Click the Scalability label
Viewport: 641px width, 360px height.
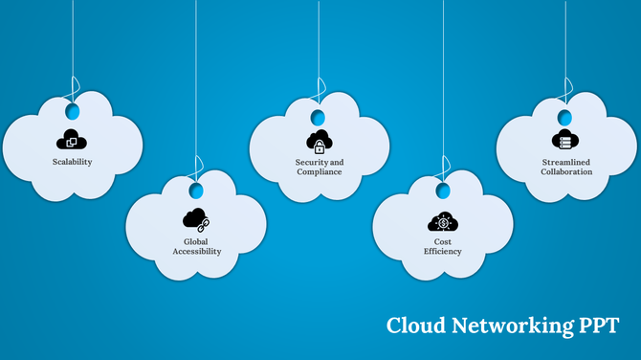(72, 162)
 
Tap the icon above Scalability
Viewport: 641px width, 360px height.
(72, 140)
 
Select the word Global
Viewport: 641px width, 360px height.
(196, 242)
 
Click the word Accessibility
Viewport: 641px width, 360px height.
(196, 252)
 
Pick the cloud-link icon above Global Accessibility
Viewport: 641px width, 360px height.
(196, 219)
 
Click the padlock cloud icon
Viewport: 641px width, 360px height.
(319, 141)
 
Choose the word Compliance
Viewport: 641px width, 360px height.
(319, 172)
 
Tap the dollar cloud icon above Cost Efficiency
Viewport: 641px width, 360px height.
(442, 221)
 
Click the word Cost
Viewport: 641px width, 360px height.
(442, 242)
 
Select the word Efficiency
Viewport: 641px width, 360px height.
(442, 252)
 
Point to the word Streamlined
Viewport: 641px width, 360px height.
(565, 163)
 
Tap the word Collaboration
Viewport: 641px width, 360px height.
(565, 172)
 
